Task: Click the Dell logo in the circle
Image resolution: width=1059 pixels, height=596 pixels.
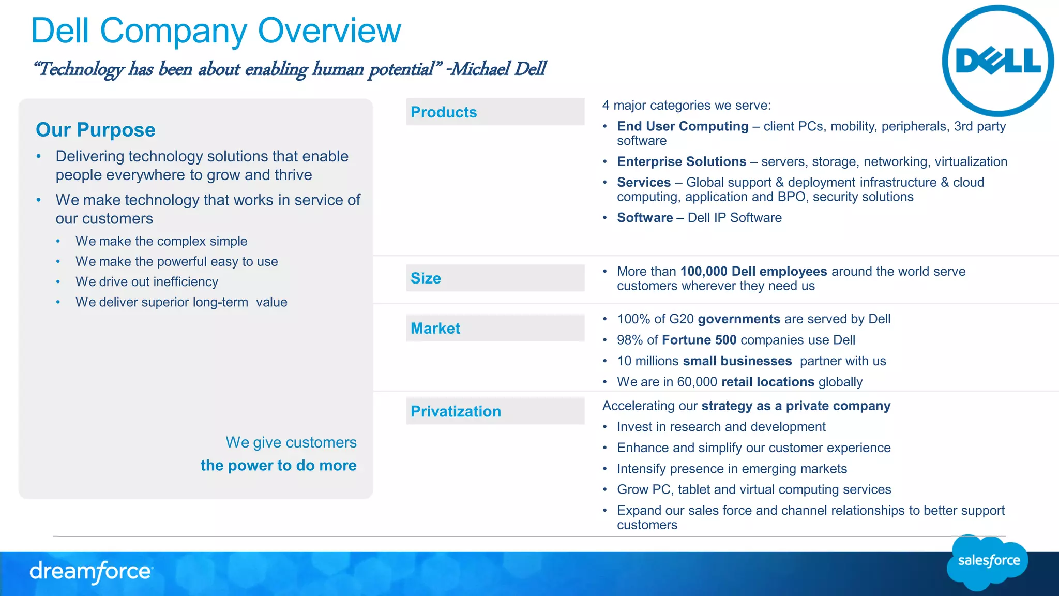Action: pyautogui.click(x=997, y=61)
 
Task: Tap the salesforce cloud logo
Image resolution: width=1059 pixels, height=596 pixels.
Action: pyautogui.click(x=988, y=562)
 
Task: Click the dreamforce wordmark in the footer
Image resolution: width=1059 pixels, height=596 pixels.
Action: pyautogui.click(x=91, y=572)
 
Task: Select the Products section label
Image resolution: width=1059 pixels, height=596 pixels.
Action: pyautogui.click(x=444, y=112)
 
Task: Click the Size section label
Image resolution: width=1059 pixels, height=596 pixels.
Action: pyautogui.click(x=426, y=278)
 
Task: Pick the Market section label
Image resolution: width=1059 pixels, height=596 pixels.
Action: pyautogui.click(x=435, y=329)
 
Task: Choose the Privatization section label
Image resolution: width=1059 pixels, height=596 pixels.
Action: pyautogui.click(x=456, y=411)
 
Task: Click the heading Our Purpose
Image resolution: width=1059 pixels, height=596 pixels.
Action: pyautogui.click(x=96, y=130)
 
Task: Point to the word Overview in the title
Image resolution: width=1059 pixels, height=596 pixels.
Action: pyautogui.click(x=329, y=31)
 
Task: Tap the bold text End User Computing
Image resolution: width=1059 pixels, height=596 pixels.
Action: pyautogui.click(x=683, y=126)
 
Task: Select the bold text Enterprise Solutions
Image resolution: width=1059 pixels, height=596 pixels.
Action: pyautogui.click(x=682, y=161)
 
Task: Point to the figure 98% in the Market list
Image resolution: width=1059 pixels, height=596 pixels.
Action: pyautogui.click(x=630, y=340)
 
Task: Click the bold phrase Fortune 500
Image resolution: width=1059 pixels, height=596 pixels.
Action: pyautogui.click(x=699, y=340)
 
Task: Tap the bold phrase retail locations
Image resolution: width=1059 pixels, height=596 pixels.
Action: pyautogui.click(x=767, y=382)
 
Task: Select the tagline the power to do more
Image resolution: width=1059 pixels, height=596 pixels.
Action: pyautogui.click(x=278, y=465)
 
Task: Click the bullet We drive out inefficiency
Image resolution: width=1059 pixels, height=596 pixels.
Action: pyautogui.click(x=147, y=282)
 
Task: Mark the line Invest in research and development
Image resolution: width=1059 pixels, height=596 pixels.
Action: pyautogui.click(x=721, y=427)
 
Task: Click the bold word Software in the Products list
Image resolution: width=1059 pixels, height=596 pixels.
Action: pyautogui.click(x=645, y=218)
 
